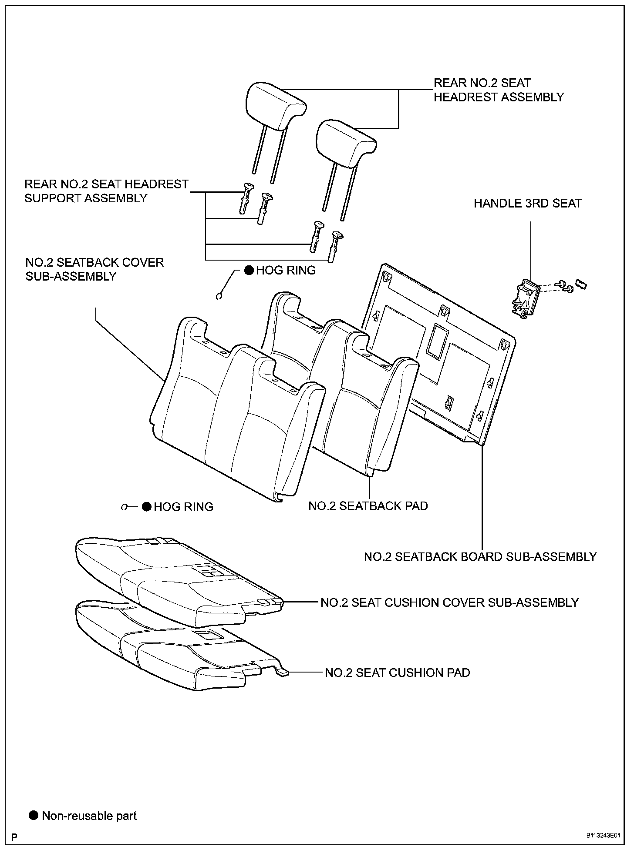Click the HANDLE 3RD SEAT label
click(527, 203)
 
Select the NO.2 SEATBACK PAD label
click(368, 506)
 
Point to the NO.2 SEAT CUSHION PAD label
click(398, 673)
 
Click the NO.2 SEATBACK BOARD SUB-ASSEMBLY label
click(480, 556)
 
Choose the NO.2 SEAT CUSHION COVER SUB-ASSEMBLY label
click(449, 602)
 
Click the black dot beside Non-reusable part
click(34, 815)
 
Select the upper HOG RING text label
click(286, 270)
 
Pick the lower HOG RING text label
click(183, 507)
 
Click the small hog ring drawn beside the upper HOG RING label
click(220, 296)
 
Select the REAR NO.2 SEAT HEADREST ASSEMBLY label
click(499, 90)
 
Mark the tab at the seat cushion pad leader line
click(283, 672)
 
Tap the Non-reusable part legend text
click(89, 816)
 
